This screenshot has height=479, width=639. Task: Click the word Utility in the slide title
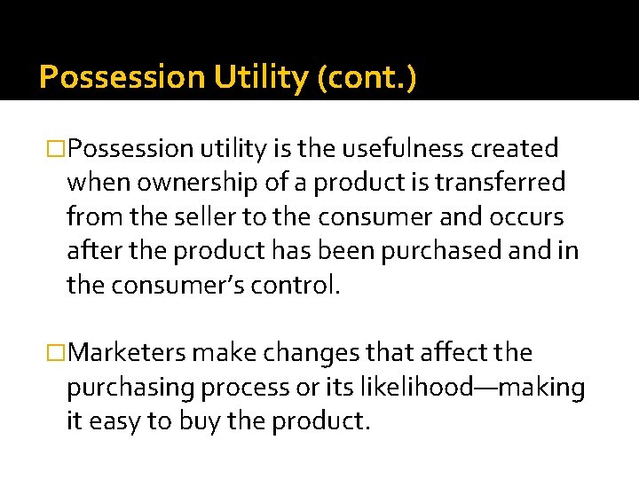tap(262, 78)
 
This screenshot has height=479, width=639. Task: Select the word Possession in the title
tap(122, 78)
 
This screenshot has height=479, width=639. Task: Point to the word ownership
tap(190, 182)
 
